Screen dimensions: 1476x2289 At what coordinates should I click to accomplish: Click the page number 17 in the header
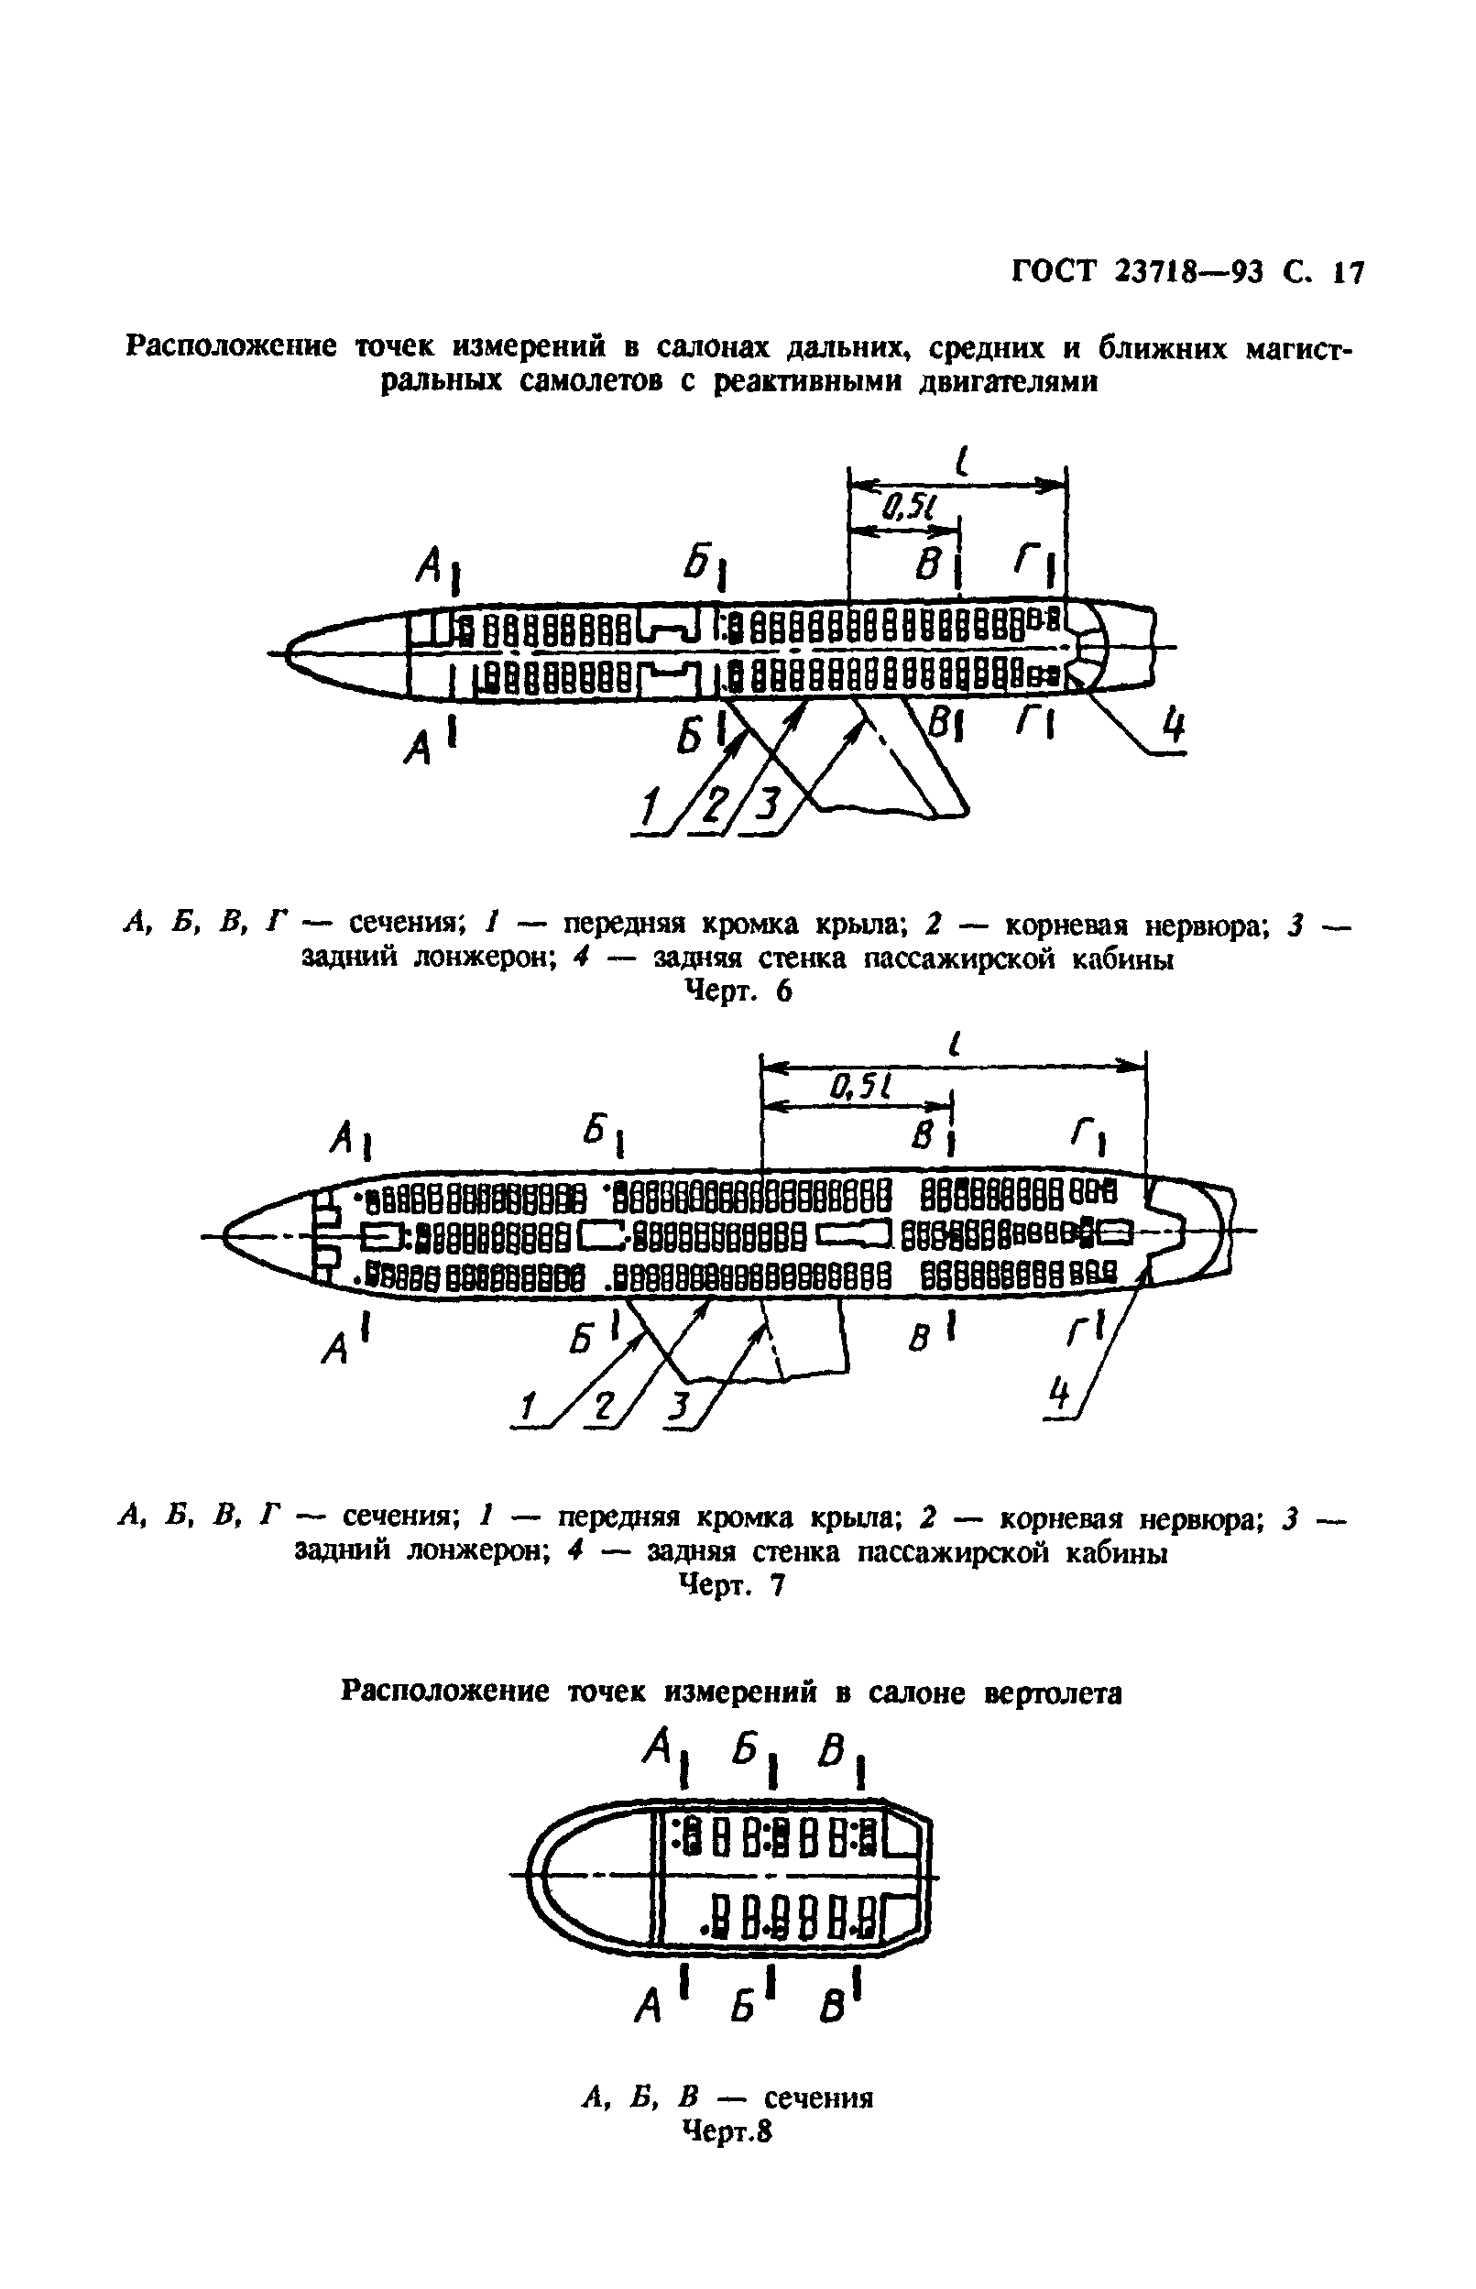(x=1347, y=273)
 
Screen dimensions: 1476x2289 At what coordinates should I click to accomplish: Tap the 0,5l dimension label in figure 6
(x=903, y=504)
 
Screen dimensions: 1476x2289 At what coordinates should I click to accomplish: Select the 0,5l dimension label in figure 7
(x=860, y=1085)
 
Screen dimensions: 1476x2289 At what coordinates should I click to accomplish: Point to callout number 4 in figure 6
(x=1173, y=725)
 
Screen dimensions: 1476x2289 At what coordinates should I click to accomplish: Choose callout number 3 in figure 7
(x=679, y=1407)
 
